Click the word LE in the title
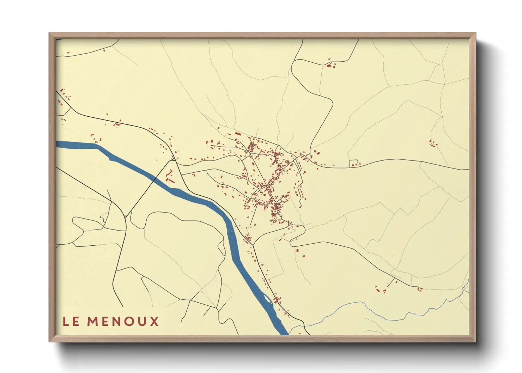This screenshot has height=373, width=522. coord(71,322)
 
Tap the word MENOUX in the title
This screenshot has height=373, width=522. coord(123,322)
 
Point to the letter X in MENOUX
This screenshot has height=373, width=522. coord(154,322)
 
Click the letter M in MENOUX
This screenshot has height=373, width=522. coord(92,322)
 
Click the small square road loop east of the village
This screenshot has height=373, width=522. coord(353,163)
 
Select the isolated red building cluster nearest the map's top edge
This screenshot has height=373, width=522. coord(330,65)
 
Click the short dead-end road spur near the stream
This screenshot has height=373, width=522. coord(391,282)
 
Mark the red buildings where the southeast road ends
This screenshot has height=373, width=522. coord(419,289)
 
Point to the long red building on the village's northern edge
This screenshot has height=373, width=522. coord(238,134)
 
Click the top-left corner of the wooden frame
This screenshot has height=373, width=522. coord(49,33)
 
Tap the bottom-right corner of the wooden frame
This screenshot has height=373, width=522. coord(475,342)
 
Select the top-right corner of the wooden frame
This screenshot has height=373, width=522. coord(475,33)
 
